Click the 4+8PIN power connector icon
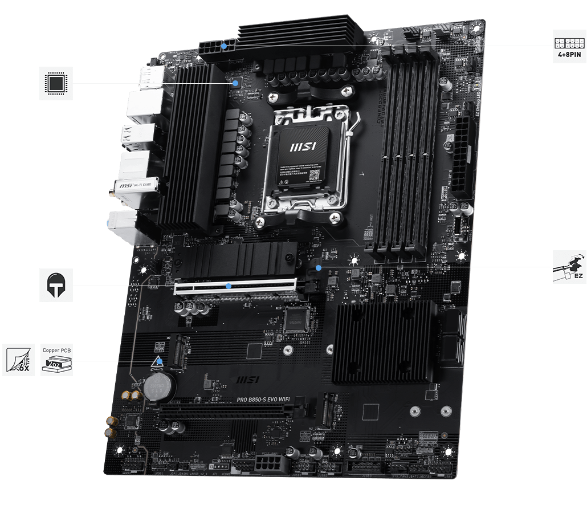[x=569, y=46]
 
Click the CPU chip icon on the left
[x=56, y=83]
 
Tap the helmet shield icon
[x=56, y=285]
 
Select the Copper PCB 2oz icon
[x=58, y=360]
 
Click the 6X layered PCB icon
[x=19, y=360]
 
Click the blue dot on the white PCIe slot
[x=228, y=285]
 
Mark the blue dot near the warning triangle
[x=161, y=360]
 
